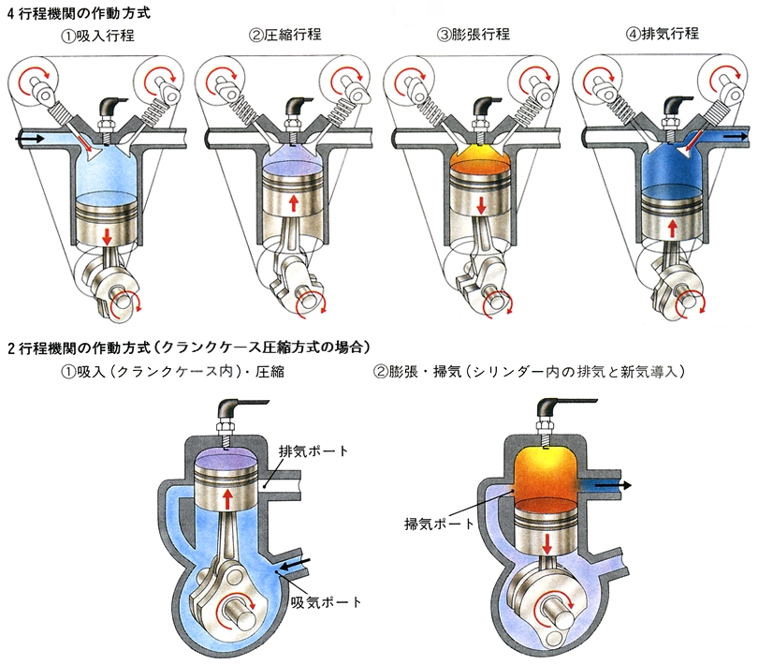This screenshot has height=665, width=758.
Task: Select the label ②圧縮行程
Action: tap(285, 36)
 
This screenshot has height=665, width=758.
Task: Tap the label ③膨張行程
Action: tap(474, 36)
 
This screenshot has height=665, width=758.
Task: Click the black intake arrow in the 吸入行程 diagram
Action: tap(31, 138)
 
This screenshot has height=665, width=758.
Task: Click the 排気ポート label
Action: tap(313, 451)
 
